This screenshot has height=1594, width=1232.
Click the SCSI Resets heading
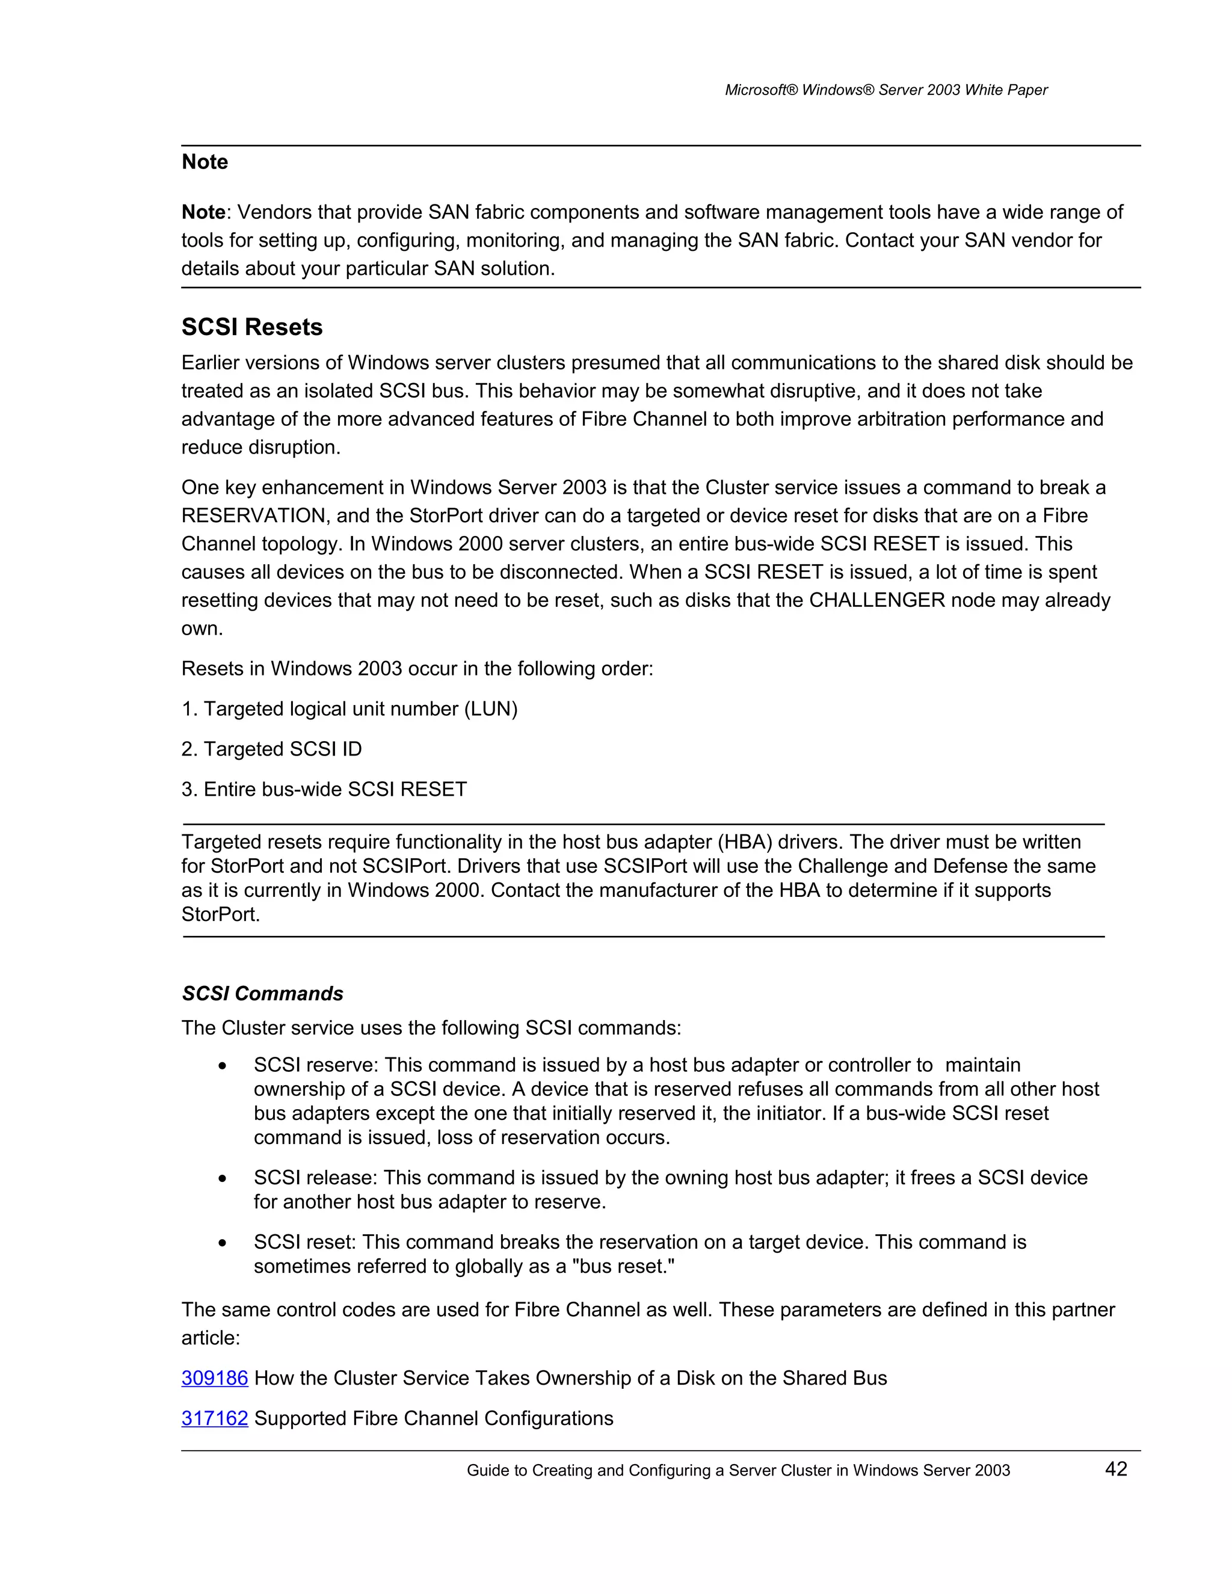(252, 327)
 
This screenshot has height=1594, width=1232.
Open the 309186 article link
(215, 1378)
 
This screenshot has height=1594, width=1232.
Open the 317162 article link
(215, 1418)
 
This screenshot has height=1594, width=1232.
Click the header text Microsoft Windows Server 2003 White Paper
(885, 90)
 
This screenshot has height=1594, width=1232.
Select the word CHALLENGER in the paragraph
(876, 600)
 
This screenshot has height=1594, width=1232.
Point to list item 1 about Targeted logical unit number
(350, 709)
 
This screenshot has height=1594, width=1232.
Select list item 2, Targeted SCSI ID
(271, 749)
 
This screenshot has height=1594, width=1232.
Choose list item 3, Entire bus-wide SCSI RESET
(324, 789)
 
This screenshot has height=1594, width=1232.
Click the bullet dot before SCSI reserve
(223, 1066)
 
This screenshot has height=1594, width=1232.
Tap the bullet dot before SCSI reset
(223, 1243)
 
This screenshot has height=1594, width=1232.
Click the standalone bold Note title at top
(205, 161)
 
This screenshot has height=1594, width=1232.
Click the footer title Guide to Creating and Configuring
(738, 1471)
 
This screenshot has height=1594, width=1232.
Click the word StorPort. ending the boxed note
(220, 914)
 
